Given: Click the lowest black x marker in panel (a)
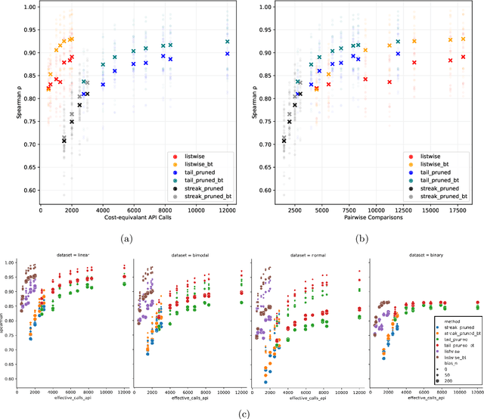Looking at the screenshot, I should pos(64,141).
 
